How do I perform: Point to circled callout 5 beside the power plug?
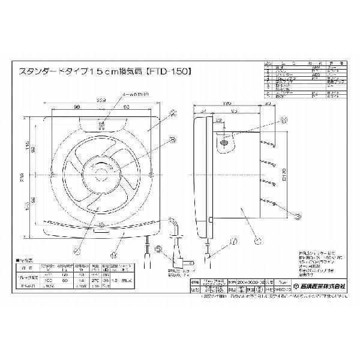click(158, 250)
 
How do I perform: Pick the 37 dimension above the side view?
click(203, 111)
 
